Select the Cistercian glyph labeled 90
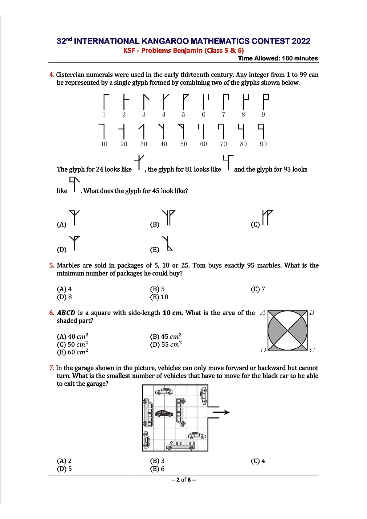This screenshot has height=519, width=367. (262, 131)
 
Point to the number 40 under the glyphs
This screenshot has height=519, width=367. (164, 144)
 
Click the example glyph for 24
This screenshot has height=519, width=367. (139, 162)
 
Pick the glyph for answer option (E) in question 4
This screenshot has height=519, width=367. (167, 243)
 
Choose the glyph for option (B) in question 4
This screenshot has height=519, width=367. (169, 217)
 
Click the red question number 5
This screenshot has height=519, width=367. (52, 265)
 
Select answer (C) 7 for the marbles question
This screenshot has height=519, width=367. (258, 289)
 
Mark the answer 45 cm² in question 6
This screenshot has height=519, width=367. (166, 337)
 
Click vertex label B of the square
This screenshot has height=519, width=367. (312, 313)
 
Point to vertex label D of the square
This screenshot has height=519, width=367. (263, 350)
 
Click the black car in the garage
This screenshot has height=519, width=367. (164, 413)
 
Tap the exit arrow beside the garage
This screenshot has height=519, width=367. (221, 412)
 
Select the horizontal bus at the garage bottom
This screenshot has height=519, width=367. (181, 445)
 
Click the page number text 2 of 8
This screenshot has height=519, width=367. (184, 480)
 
